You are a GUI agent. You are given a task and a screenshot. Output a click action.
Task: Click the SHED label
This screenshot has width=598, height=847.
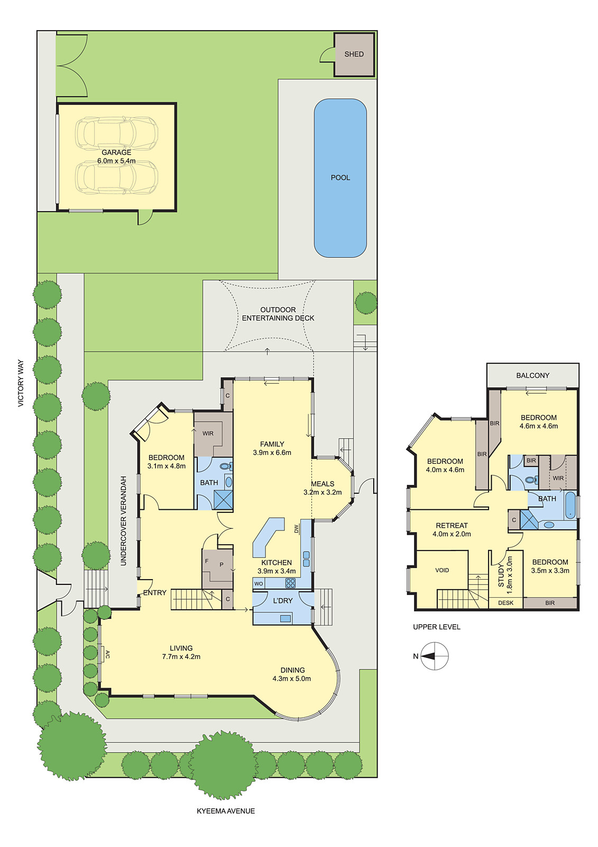[354, 54]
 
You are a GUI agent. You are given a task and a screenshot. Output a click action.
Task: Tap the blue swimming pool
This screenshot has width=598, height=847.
[341, 178]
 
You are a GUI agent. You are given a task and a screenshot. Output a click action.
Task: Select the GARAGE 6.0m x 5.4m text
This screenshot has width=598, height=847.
[116, 157]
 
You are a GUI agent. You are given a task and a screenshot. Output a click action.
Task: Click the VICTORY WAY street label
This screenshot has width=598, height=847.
[21, 383]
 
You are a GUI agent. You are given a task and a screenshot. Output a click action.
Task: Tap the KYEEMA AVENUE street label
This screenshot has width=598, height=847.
[226, 810]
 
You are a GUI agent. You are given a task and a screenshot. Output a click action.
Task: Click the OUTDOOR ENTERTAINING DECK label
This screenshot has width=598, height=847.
[278, 314]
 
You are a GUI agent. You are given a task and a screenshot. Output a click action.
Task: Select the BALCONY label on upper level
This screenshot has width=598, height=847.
[532, 375]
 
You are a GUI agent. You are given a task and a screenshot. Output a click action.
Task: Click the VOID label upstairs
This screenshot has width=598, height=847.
[442, 570]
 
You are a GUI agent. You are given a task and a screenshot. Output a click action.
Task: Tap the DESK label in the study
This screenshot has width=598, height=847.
[506, 603]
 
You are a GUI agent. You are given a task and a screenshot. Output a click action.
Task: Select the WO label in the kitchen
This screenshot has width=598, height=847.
[259, 583]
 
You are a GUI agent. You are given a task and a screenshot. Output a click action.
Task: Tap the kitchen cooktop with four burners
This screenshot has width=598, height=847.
[290, 583]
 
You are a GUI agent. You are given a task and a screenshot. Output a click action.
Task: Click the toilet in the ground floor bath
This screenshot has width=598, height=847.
[227, 466]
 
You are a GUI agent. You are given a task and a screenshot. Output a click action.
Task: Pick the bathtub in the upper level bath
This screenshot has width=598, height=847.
[569, 506]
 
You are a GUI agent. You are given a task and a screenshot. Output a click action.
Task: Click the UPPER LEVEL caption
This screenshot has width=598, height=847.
[437, 627]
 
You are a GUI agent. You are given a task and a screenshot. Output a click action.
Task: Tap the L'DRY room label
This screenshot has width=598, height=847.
[283, 600]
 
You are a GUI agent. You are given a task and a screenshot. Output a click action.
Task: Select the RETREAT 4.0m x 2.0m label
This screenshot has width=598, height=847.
[452, 530]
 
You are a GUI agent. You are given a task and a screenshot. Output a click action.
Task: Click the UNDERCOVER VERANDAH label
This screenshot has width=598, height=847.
[123, 521]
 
